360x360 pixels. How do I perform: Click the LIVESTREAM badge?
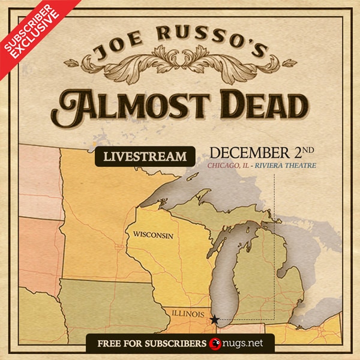[x=145, y=157]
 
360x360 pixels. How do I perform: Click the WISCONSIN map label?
[x=153, y=235]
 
